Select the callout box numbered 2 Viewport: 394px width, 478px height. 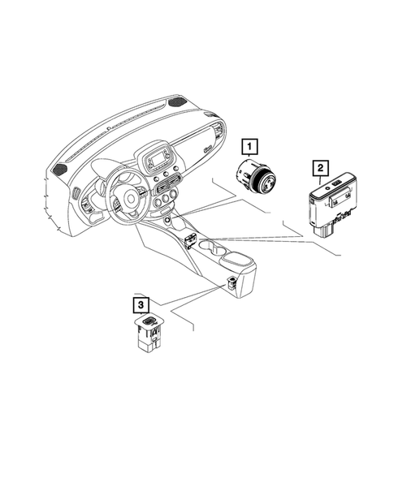(x=321, y=168)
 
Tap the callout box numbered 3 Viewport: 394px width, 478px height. (x=141, y=305)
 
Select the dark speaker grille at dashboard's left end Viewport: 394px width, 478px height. (x=61, y=169)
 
